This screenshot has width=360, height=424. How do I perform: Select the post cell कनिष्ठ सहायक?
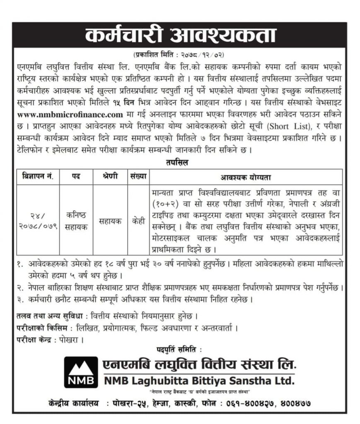pyautogui.click(x=76, y=220)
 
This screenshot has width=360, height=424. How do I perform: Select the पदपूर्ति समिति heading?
pyautogui.click(x=180, y=350)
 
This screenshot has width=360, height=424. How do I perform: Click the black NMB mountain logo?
pyautogui.click(x=81, y=372)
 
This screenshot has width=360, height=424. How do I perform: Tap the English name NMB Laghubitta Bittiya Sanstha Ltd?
pyautogui.click(x=198, y=380)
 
